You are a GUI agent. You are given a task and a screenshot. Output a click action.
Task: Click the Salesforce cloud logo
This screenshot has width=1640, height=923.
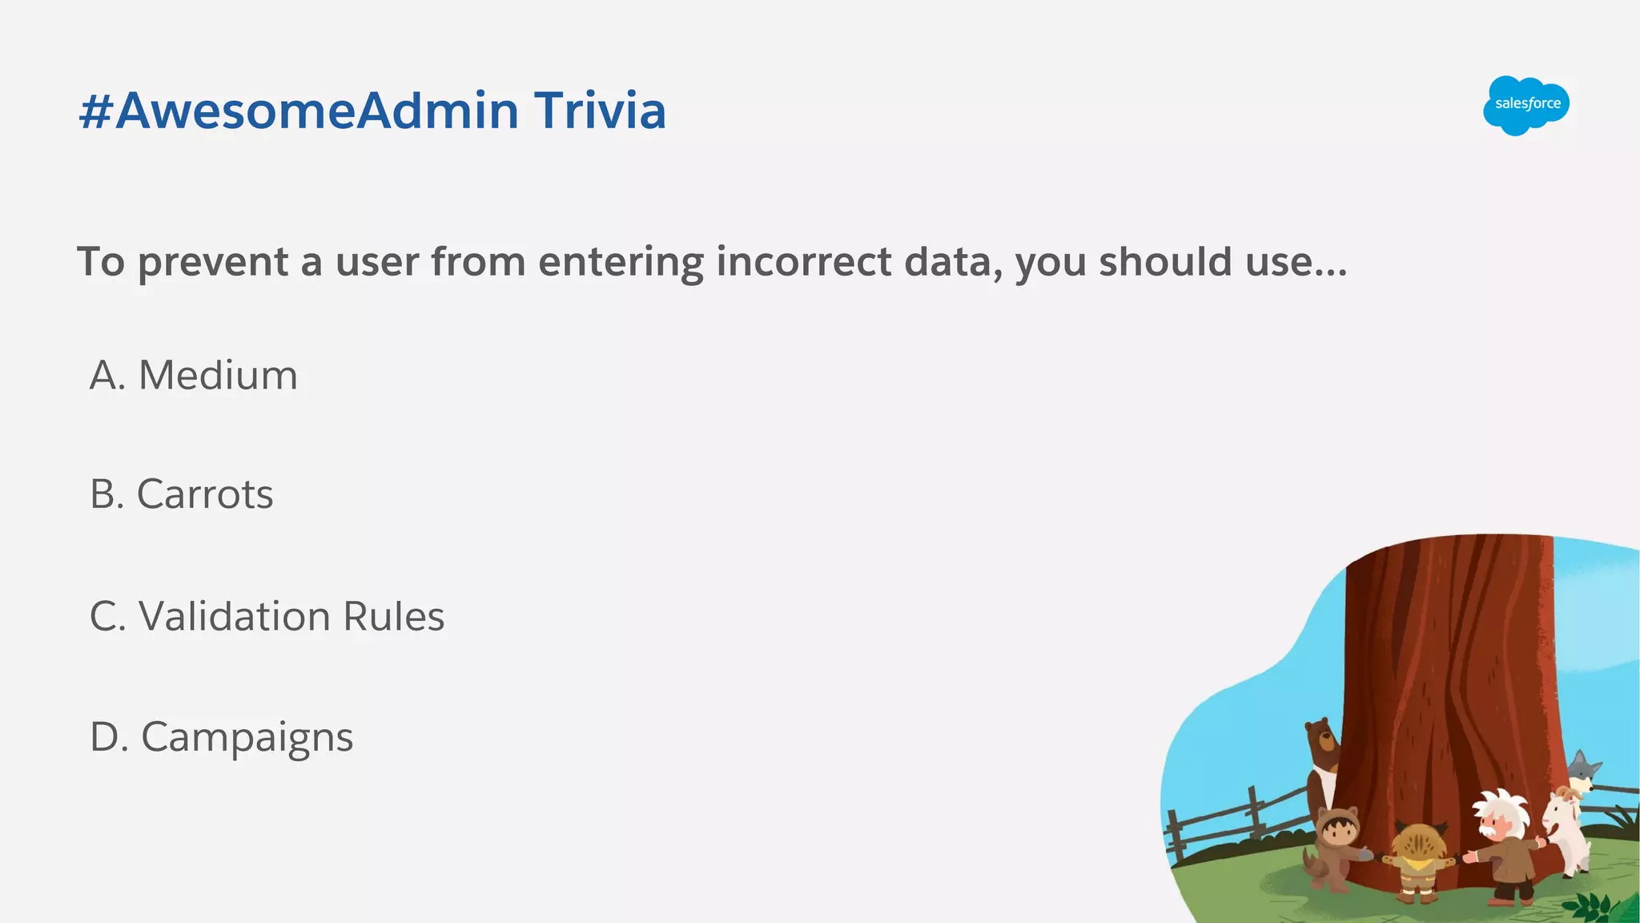(x=1526, y=105)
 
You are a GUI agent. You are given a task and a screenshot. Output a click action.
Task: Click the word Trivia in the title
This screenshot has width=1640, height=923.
(x=600, y=111)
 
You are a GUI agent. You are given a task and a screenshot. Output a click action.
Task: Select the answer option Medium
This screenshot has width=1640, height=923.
(x=218, y=375)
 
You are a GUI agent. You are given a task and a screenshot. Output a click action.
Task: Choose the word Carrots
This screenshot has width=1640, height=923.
(x=205, y=494)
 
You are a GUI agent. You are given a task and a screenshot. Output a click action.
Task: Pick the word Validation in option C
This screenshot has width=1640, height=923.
(x=235, y=616)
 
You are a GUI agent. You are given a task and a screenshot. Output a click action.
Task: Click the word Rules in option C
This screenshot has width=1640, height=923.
(x=393, y=616)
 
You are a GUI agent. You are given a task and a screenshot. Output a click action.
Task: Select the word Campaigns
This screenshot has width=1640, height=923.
(x=247, y=737)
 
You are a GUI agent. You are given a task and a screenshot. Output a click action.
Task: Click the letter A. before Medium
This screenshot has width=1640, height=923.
(x=107, y=375)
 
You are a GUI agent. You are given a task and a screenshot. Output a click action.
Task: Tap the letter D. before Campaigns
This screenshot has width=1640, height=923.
(x=109, y=737)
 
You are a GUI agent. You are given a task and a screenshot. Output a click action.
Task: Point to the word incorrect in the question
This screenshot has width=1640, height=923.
(x=803, y=261)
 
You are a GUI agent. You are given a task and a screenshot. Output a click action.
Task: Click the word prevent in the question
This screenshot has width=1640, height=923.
(x=213, y=263)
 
